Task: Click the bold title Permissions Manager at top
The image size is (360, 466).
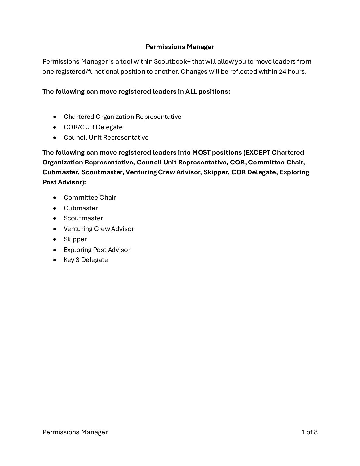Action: [180, 47]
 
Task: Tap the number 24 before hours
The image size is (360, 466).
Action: [282, 71]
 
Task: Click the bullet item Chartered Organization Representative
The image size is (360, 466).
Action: [122, 117]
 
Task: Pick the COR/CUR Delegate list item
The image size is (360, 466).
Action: [93, 127]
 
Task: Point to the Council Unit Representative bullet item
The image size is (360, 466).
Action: [106, 137]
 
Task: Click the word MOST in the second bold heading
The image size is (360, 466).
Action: [201, 152]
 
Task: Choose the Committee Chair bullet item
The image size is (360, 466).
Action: [90, 197]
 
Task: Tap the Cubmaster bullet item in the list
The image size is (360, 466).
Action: [80, 208]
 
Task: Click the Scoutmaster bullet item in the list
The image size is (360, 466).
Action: [83, 218]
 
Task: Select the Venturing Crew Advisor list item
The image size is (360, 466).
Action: [99, 229]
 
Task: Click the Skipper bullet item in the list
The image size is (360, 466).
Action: [75, 239]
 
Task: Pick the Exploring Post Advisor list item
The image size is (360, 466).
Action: [97, 250]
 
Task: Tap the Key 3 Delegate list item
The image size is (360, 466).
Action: [86, 260]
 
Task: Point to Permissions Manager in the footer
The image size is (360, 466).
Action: [75, 432]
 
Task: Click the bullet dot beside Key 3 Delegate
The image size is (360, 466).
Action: [55, 260]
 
